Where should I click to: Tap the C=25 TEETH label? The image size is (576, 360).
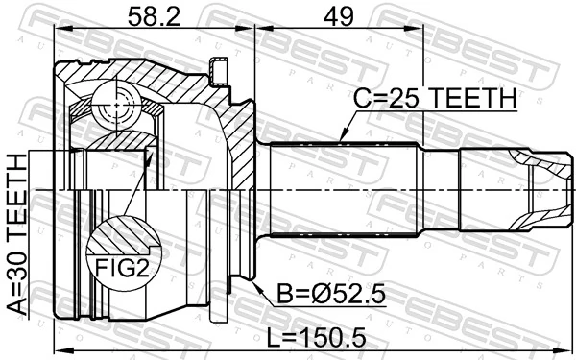(x=436, y=99)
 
